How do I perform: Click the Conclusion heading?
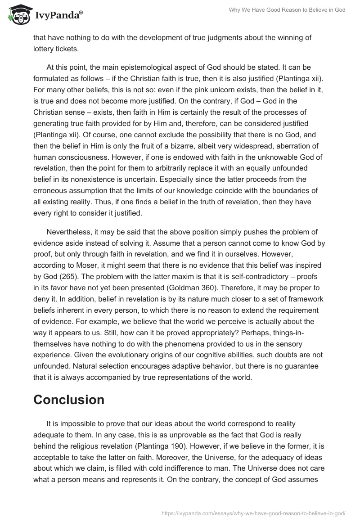click(69, 400)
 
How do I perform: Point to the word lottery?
click(44, 49)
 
